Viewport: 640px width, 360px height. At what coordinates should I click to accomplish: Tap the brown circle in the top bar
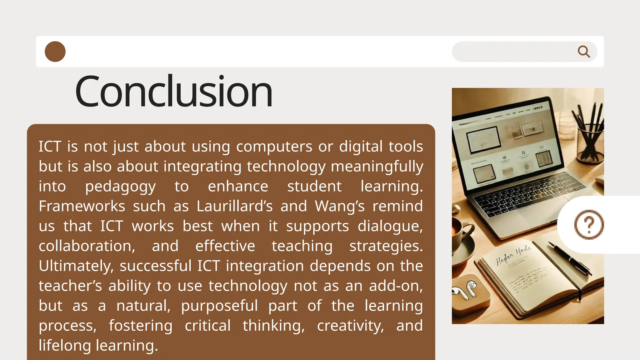click(55, 52)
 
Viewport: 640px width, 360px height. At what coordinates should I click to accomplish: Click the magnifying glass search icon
click(583, 52)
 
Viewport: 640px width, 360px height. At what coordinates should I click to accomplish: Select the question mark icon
click(589, 225)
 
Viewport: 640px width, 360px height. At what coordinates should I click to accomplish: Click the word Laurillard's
click(235, 206)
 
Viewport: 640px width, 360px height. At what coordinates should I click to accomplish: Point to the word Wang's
click(340, 206)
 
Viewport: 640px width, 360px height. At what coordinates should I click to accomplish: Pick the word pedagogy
click(120, 187)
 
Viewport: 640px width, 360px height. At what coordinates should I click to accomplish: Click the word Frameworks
click(82, 206)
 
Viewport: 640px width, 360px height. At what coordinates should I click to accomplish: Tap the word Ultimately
click(76, 266)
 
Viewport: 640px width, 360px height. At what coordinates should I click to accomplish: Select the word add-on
click(396, 286)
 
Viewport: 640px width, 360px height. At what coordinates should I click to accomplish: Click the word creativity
click(350, 326)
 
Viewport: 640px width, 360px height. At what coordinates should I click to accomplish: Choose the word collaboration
click(87, 246)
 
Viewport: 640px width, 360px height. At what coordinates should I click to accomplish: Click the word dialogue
click(390, 226)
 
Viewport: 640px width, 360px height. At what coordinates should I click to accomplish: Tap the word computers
click(274, 147)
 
